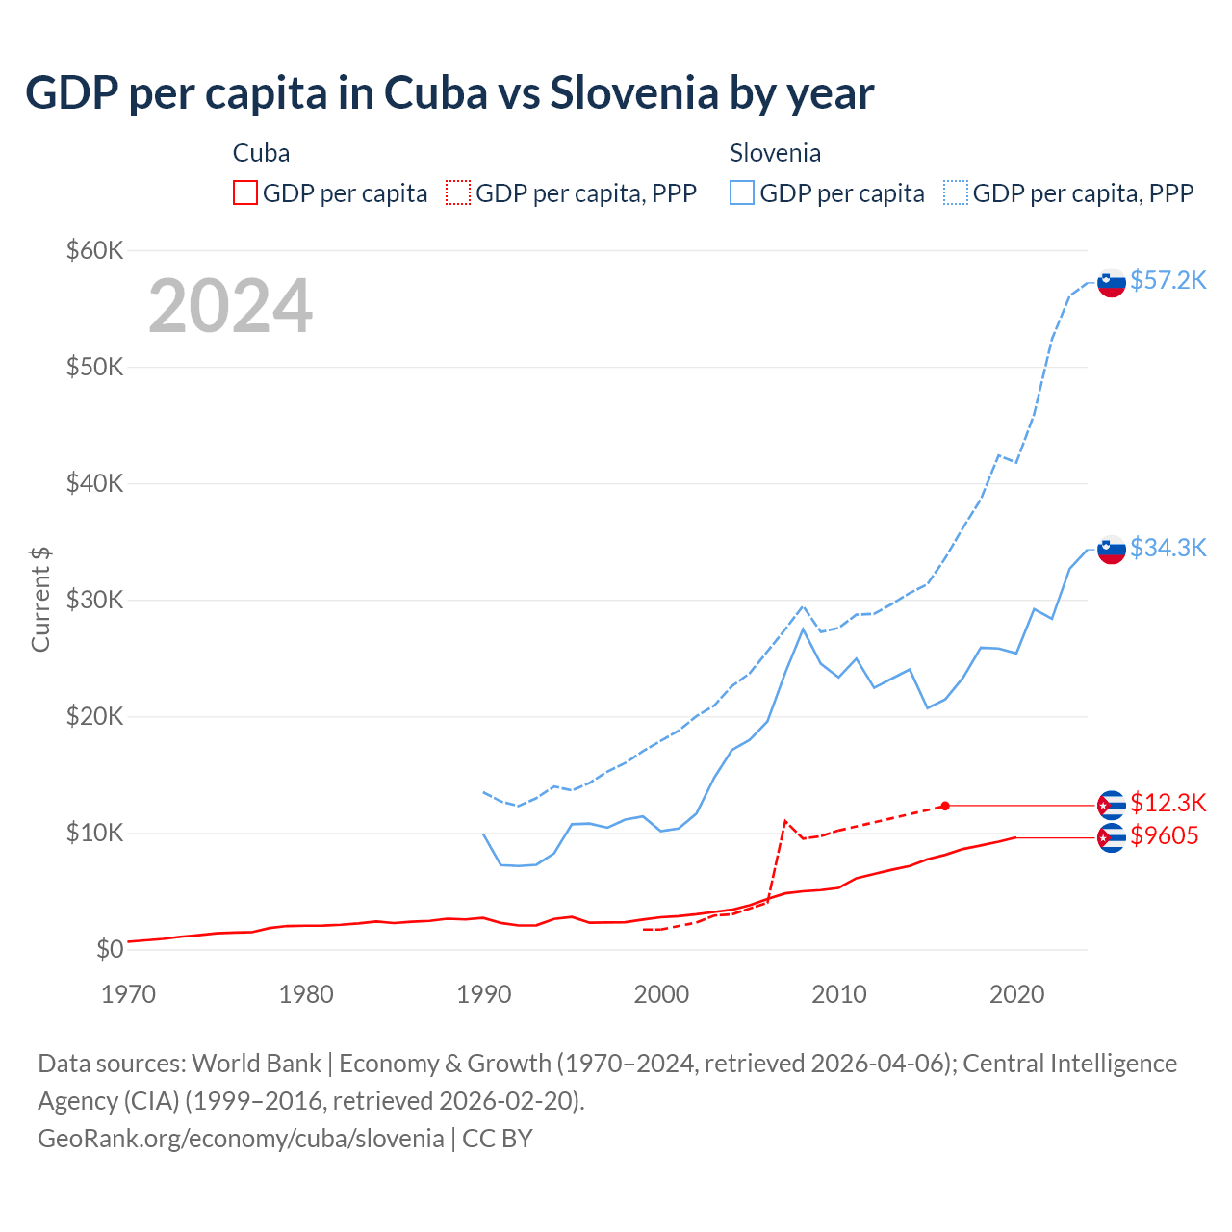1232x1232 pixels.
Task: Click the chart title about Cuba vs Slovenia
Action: [449, 93]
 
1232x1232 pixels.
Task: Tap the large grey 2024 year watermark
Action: [230, 306]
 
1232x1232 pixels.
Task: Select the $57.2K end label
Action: [1168, 280]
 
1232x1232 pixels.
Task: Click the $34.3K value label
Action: [1168, 548]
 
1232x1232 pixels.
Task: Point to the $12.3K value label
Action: [1168, 803]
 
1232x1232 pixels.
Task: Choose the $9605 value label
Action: [1164, 835]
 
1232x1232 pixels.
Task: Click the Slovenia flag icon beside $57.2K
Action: [1112, 283]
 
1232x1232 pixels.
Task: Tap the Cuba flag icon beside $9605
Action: [1112, 838]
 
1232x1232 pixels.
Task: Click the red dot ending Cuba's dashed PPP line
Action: [945, 806]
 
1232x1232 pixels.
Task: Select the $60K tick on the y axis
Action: [94, 251]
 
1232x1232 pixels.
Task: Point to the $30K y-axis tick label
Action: [94, 601]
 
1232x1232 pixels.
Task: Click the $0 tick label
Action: [110, 950]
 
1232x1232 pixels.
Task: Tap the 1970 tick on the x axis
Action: [128, 994]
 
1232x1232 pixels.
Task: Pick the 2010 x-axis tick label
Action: [839, 994]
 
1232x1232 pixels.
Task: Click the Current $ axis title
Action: [40, 599]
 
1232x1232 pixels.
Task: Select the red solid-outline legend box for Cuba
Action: [245, 193]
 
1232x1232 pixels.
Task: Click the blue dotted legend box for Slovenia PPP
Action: [956, 193]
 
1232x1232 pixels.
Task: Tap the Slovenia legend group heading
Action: [775, 153]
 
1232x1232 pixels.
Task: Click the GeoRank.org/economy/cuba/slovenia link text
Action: [241, 1139]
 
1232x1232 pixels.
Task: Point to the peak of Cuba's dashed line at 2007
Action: [785, 821]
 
